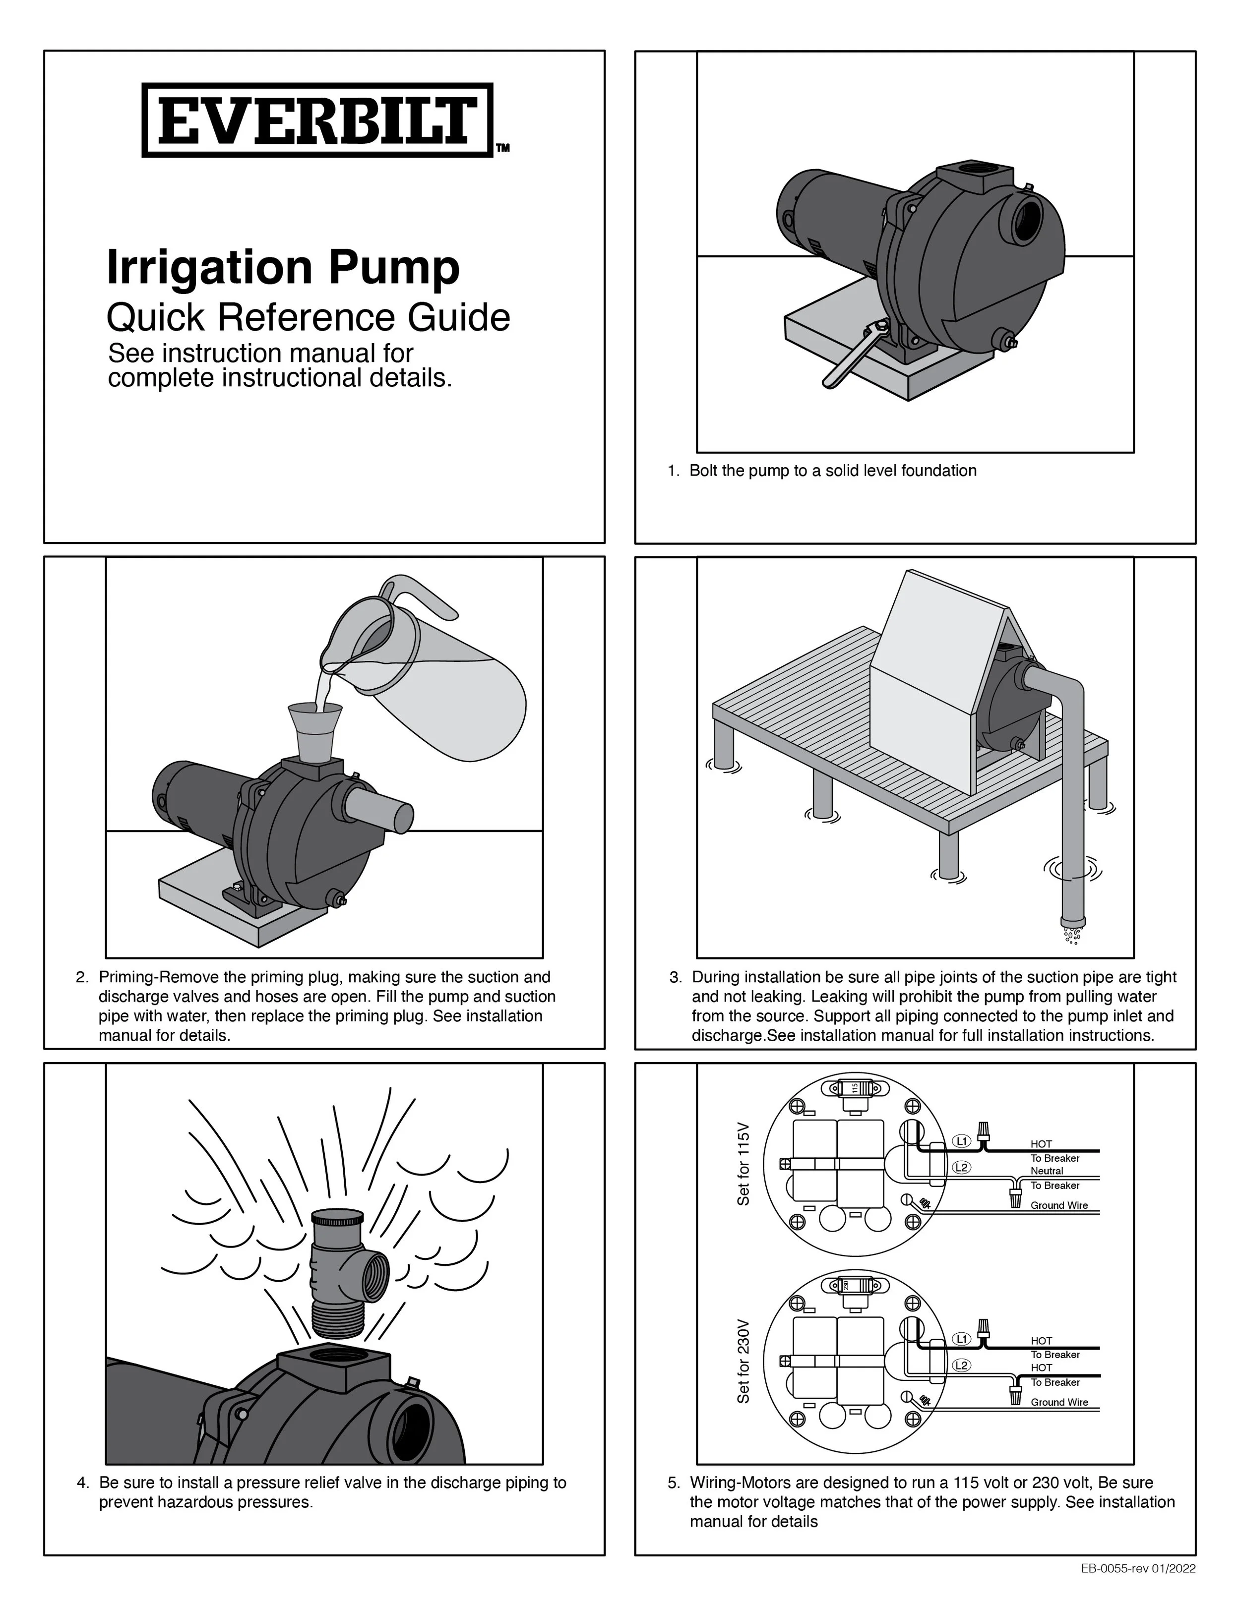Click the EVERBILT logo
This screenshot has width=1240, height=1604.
point(317,120)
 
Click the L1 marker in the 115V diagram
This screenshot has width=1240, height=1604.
point(962,1140)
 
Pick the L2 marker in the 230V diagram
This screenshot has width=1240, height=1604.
point(962,1365)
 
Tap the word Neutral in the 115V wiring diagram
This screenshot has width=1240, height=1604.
point(1047,1171)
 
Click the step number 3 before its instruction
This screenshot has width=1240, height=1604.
point(675,978)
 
